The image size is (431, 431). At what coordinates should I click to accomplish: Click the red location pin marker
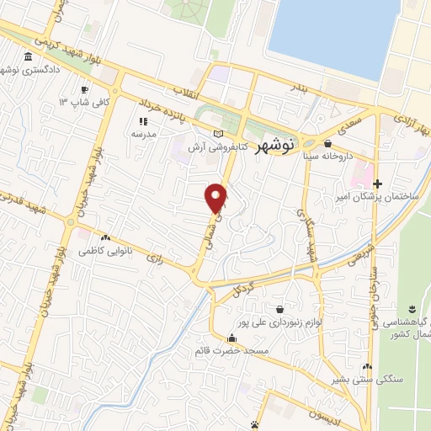[x=217, y=198]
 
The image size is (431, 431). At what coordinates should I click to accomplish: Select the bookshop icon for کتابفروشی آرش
[x=219, y=134]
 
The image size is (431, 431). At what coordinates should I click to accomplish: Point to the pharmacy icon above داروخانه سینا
[x=327, y=144]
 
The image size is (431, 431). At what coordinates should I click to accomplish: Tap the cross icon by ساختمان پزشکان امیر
[x=377, y=184]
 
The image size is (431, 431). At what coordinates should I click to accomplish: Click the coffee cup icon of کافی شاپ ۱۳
[x=84, y=89]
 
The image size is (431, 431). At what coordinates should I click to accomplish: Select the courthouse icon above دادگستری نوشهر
[x=29, y=57]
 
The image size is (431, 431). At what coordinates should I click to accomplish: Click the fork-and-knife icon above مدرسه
[x=141, y=121]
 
